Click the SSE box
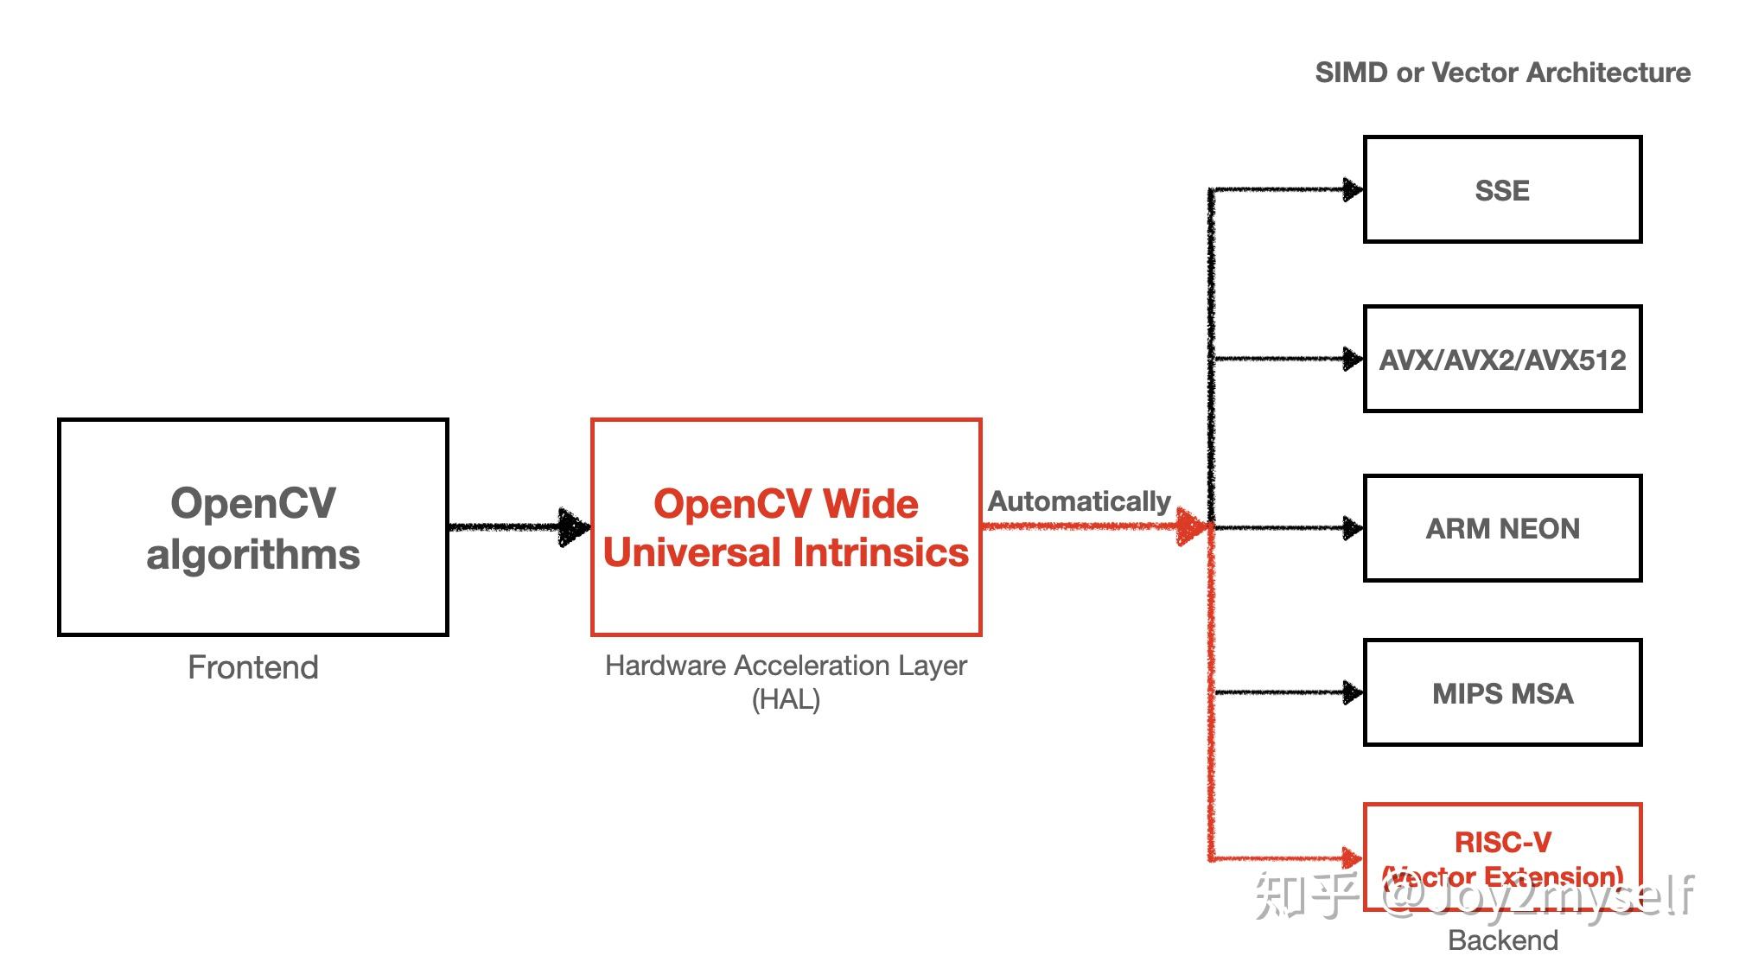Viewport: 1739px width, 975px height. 1501,190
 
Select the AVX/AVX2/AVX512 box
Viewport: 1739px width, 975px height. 1501,360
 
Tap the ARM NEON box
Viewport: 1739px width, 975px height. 1501,528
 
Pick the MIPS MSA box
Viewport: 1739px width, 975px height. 1501,693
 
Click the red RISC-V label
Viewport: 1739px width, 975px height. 1502,842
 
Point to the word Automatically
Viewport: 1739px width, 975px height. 1079,501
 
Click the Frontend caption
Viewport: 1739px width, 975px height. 253,667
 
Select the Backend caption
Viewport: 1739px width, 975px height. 1502,940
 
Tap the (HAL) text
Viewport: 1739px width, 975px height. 786,699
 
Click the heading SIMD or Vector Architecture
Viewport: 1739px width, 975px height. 1502,73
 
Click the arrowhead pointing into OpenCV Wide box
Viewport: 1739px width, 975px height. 574,526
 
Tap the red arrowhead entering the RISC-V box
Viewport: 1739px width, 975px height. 1351,857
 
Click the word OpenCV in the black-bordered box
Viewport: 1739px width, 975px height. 253,503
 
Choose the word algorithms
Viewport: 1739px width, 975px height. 253,555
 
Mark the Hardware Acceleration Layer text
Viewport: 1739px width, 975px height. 786,666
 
